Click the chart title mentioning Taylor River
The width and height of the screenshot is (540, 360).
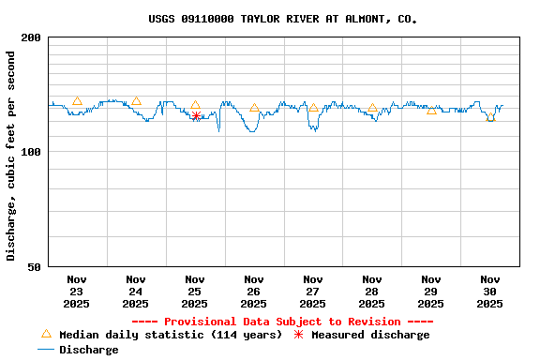(283, 19)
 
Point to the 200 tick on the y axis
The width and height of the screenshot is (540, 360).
(31, 37)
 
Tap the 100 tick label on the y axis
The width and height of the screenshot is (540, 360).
(31, 152)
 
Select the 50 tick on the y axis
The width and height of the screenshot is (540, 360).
(35, 267)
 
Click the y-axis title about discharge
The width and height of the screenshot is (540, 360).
(11, 156)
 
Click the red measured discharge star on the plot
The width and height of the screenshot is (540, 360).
(196, 115)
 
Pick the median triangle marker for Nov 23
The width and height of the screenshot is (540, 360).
(77, 101)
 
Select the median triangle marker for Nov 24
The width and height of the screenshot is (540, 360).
(136, 101)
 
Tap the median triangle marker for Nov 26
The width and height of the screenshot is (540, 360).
(254, 108)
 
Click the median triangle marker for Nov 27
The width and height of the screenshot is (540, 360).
(313, 107)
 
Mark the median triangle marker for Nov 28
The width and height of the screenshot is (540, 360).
(372, 108)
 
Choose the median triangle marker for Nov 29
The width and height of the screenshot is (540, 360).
(431, 110)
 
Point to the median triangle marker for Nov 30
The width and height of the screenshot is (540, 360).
(490, 117)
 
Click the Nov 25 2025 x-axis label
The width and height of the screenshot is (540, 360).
(195, 292)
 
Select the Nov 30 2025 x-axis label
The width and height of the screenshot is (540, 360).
(490, 292)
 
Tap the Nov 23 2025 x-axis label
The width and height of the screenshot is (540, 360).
(77, 292)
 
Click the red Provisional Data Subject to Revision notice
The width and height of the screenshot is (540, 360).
(282, 322)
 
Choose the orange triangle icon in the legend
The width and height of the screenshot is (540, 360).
(46, 334)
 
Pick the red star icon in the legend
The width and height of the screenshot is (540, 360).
(298, 335)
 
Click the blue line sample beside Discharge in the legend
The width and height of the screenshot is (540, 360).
(46, 350)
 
